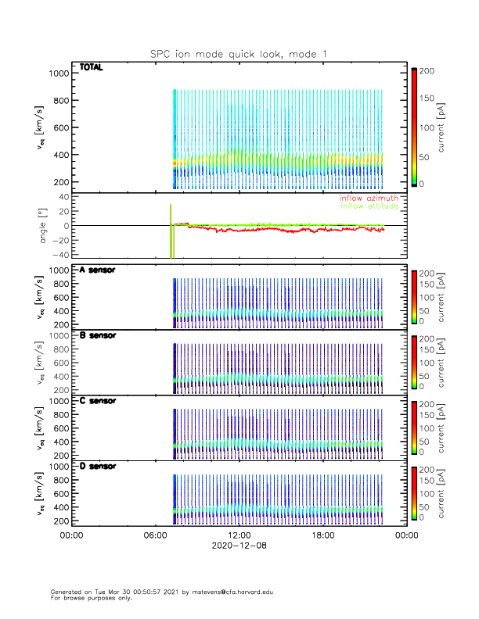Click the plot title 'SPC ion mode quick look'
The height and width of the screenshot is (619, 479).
239,54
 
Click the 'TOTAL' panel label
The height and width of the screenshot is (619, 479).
92,68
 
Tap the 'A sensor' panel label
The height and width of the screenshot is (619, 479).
98,270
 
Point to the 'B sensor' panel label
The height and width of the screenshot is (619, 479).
98,335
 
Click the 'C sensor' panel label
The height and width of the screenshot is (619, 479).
98,401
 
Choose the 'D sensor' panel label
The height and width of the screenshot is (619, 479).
98,467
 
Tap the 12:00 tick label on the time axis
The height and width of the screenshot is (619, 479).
239,535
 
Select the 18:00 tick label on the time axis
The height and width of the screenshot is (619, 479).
322,535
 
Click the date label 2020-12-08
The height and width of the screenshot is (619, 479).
239,546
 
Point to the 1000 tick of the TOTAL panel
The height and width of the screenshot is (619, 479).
59,73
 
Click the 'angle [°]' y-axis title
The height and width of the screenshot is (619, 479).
45,226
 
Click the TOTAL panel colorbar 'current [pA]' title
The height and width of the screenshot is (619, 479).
452,127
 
